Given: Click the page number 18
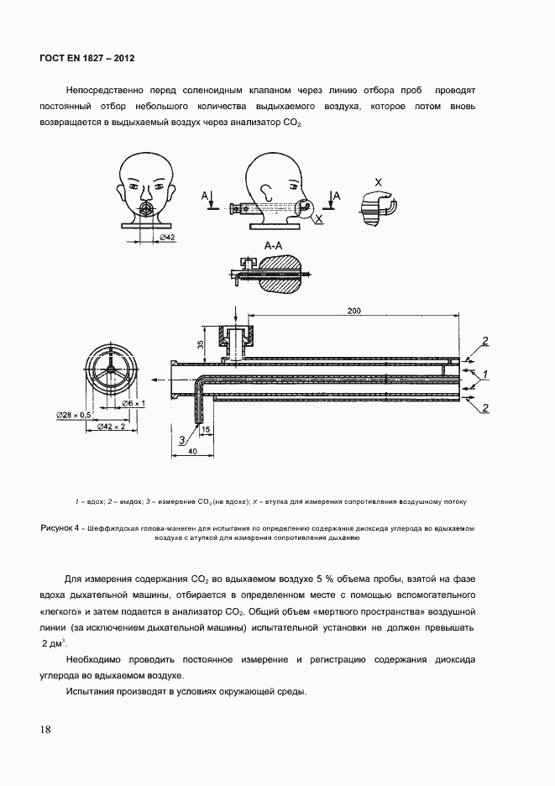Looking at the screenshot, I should (x=45, y=729).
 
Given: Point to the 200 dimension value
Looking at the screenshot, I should (x=353, y=312).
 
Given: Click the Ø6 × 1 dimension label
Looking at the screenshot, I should (x=134, y=403).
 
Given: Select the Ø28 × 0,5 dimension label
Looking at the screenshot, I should (x=73, y=415).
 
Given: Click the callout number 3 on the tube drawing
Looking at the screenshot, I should (x=181, y=438).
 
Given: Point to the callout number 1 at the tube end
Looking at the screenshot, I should (x=484, y=371).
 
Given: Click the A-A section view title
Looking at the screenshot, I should (x=274, y=246).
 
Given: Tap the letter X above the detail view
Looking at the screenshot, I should (x=378, y=181).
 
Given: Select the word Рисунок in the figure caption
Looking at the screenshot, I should (x=60, y=528).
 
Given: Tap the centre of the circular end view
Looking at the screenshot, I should (x=112, y=370).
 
